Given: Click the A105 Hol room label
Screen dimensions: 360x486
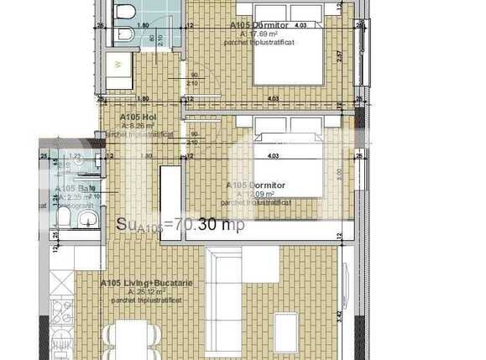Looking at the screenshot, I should click(139, 117).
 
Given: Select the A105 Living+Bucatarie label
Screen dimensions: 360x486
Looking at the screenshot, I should click(147, 283).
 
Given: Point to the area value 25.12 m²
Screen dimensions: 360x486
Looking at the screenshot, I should click(144, 291).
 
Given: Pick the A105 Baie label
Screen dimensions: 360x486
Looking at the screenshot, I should click(71, 189).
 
